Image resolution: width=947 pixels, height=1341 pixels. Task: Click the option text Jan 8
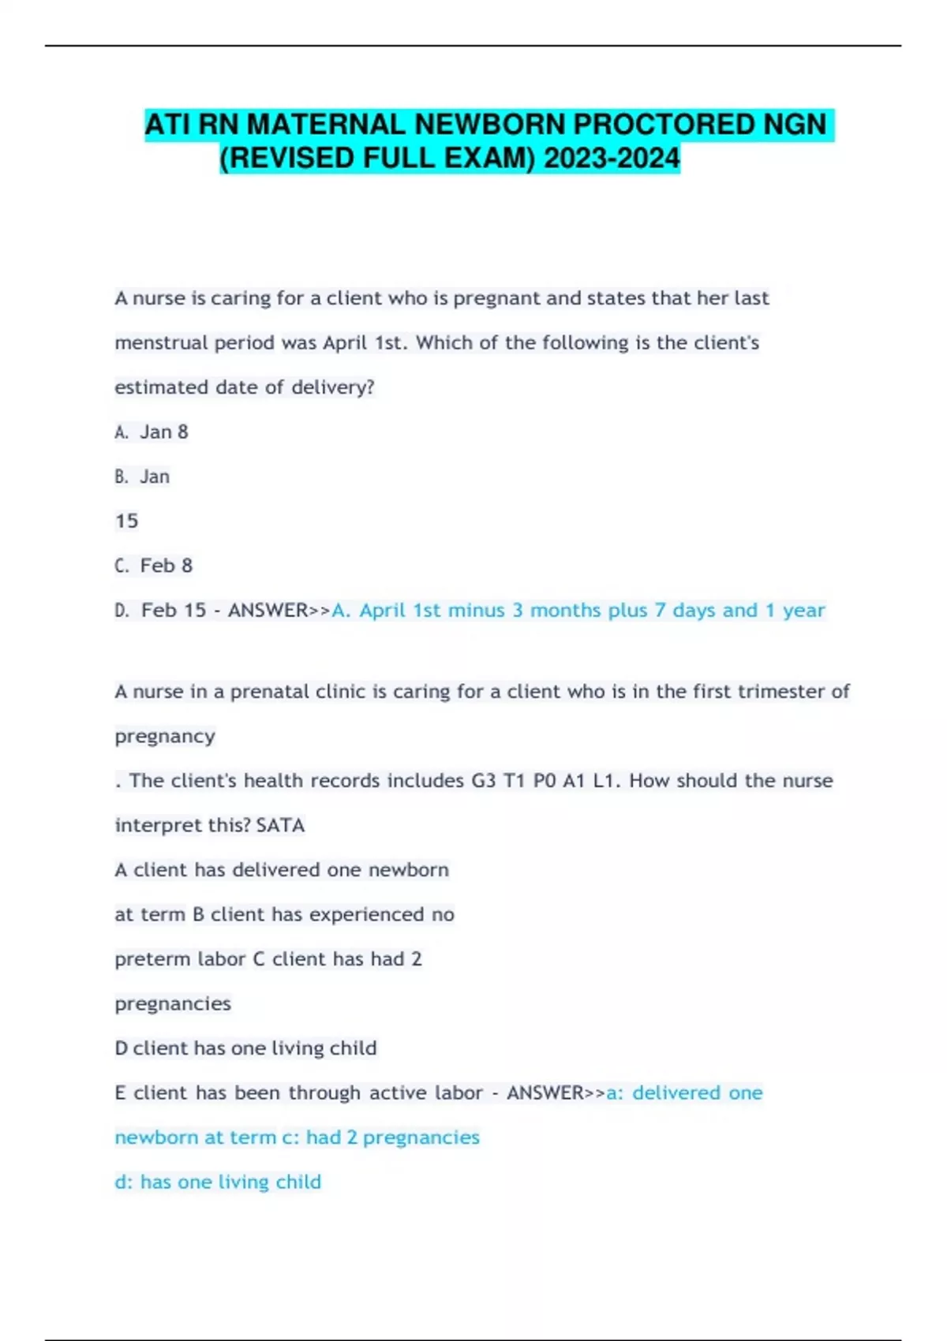(x=164, y=432)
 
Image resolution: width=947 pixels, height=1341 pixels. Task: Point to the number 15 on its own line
(x=126, y=521)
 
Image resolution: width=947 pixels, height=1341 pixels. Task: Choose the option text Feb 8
(x=167, y=566)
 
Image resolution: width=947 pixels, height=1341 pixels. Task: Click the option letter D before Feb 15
(x=122, y=611)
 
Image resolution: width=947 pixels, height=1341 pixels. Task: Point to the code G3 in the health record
(x=484, y=781)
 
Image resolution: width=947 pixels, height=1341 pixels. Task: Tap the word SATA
(x=280, y=826)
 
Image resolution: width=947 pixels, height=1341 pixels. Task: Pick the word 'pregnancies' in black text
(x=173, y=1004)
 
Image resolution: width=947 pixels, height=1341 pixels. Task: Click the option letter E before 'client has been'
(x=121, y=1093)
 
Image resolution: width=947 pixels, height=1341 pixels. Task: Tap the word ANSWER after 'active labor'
(x=545, y=1093)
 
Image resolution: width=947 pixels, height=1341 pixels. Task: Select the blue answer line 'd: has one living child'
(x=218, y=1182)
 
